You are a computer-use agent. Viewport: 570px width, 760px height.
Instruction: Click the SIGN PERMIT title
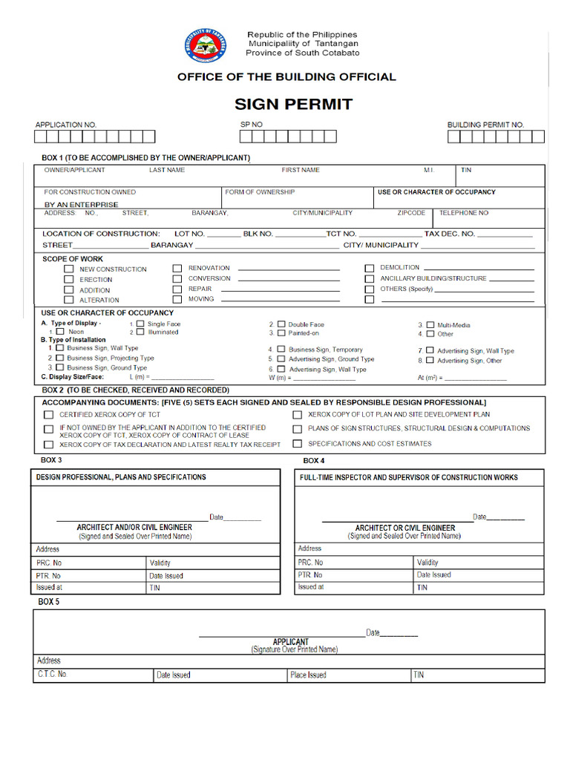click(293, 104)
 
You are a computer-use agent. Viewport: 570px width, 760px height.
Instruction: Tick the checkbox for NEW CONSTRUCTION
click(69, 269)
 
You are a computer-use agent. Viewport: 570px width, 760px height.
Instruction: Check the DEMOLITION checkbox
click(369, 268)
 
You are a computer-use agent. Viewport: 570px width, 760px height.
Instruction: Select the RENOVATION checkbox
click(177, 268)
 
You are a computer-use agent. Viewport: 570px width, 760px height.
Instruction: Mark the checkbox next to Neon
click(60, 332)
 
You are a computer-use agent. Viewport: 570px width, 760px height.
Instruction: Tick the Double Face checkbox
click(281, 324)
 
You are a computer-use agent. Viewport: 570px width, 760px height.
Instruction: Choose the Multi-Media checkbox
click(430, 325)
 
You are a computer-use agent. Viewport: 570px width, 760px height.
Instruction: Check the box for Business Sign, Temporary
click(281, 349)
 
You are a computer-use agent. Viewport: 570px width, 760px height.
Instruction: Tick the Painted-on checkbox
click(281, 333)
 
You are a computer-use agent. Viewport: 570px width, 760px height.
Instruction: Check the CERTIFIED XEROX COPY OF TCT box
click(48, 415)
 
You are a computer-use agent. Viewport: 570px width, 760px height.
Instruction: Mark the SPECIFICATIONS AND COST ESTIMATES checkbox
click(297, 444)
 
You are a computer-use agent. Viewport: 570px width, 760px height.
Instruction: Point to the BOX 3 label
click(51, 460)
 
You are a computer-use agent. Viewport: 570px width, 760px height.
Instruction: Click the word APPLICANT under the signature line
click(290, 642)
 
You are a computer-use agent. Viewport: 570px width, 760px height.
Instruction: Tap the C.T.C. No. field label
click(52, 675)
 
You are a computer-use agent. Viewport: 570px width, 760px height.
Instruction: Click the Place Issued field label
click(308, 675)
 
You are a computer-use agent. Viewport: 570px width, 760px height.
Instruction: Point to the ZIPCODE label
click(411, 213)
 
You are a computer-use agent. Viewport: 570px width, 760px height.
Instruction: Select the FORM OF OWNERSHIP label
click(260, 192)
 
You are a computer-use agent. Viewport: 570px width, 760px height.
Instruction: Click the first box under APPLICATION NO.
click(42, 137)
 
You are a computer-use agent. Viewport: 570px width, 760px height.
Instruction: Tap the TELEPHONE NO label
click(464, 213)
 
